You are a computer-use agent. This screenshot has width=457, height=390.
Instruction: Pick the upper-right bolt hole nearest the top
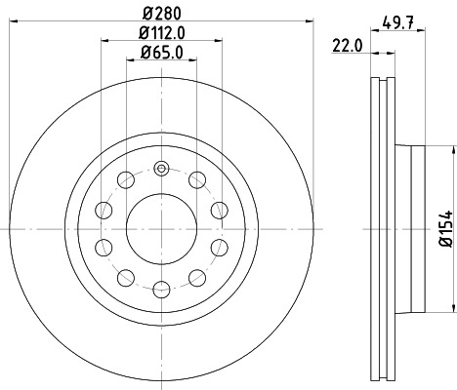tap(196, 178)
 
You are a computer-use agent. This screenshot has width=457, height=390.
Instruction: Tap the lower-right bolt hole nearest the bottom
tap(196, 278)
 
